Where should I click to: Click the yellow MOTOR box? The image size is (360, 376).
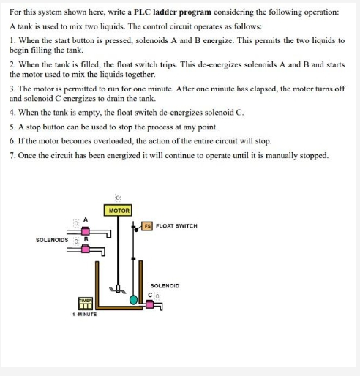coord(118,211)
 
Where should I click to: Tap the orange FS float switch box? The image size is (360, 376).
coord(147,226)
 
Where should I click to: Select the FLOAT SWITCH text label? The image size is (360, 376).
coord(176,226)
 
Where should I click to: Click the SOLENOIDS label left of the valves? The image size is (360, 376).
coord(51,239)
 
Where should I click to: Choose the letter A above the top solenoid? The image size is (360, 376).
coord(86,218)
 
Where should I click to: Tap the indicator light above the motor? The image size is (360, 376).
coord(118,197)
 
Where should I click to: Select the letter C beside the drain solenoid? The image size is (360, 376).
coord(149,295)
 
